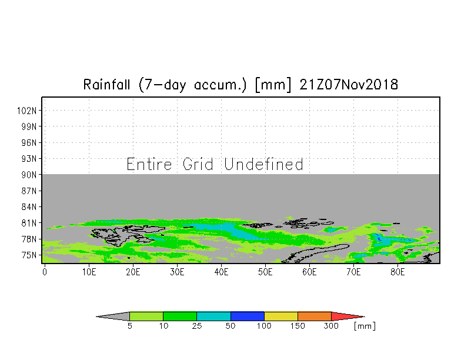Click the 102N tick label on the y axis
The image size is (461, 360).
29,110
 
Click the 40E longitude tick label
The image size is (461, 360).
222,272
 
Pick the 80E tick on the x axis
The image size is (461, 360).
398,272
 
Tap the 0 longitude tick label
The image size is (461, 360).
45,272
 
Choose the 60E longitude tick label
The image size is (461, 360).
310,272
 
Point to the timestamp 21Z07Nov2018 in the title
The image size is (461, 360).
349,85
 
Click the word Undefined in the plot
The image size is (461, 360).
264,164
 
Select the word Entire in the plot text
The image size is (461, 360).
150,164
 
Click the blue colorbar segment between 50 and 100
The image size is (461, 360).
248,316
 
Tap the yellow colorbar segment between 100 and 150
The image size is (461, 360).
281,316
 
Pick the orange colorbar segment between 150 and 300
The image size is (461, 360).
315,316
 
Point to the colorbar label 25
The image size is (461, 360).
197,326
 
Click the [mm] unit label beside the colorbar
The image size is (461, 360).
365,326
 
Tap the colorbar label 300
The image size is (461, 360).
332,326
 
